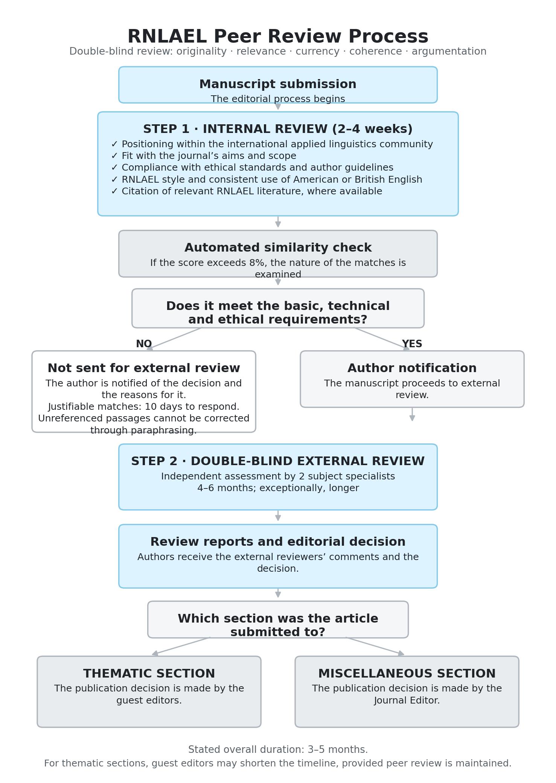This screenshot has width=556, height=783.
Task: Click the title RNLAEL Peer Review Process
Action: tap(278, 37)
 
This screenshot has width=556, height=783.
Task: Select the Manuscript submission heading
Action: tap(278, 84)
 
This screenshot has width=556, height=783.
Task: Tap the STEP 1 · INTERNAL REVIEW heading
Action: tap(278, 129)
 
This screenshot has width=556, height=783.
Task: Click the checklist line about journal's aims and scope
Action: tap(204, 156)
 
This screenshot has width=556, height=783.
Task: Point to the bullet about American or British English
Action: tap(267, 180)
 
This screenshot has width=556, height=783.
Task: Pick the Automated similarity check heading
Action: tap(278, 248)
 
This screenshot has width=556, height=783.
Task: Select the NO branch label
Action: tap(144, 344)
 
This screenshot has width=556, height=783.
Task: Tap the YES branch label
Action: tap(412, 344)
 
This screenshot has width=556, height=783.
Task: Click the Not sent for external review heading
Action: tap(144, 368)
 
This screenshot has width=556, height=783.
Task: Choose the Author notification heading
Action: tap(412, 368)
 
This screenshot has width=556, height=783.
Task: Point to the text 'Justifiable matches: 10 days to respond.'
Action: tap(144, 407)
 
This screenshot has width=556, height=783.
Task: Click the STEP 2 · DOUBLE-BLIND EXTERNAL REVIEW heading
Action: tap(278, 461)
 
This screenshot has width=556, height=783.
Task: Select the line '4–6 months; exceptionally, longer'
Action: tap(278, 488)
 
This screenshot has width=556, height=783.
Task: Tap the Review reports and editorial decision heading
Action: tap(278, 542)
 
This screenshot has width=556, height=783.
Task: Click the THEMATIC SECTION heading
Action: tap(149, 674)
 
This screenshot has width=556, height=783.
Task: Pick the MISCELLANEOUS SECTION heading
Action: tap(407, 674)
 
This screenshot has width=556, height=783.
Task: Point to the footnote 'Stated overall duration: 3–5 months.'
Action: tap(278, 749)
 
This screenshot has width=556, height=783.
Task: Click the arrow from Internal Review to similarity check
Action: tap(278, 222)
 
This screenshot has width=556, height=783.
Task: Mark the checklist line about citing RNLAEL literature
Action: tap(247, 191)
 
